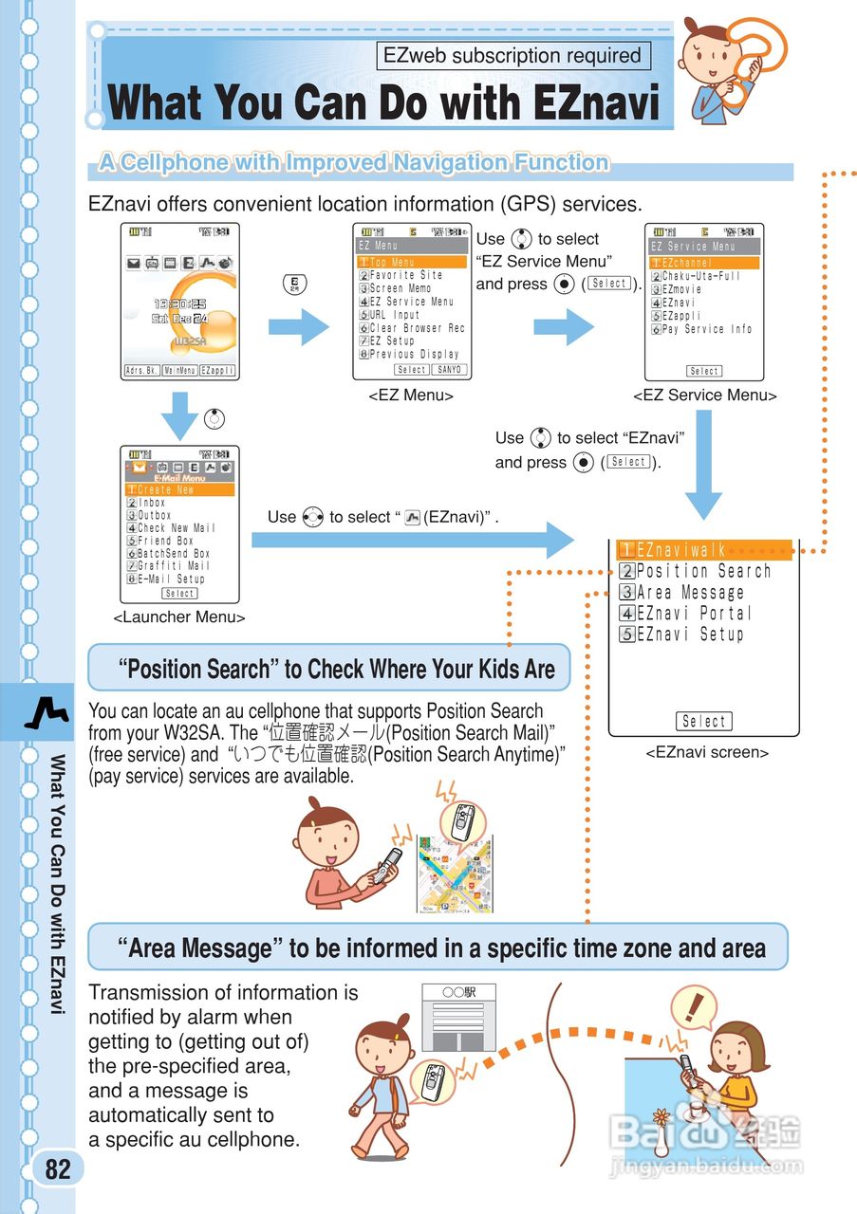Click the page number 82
[x=58, y=1169]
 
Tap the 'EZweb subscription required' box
[x=512, y=56]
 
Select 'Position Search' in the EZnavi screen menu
[x=703, y=571]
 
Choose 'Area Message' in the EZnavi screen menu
[x=690, y=593]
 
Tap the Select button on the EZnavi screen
[x=704, y=722]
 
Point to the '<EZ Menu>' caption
[x=411, y=395]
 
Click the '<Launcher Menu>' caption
[x=179, y=617]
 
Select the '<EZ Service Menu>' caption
[x=705, y=395]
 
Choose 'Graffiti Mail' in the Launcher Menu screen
[x=174, y=566]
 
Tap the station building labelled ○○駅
[x=458, y=1018]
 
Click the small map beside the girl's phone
[x=455, y=874]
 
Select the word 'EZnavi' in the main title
[x=595, y=103]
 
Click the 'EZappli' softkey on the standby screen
[x=217, y=370]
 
